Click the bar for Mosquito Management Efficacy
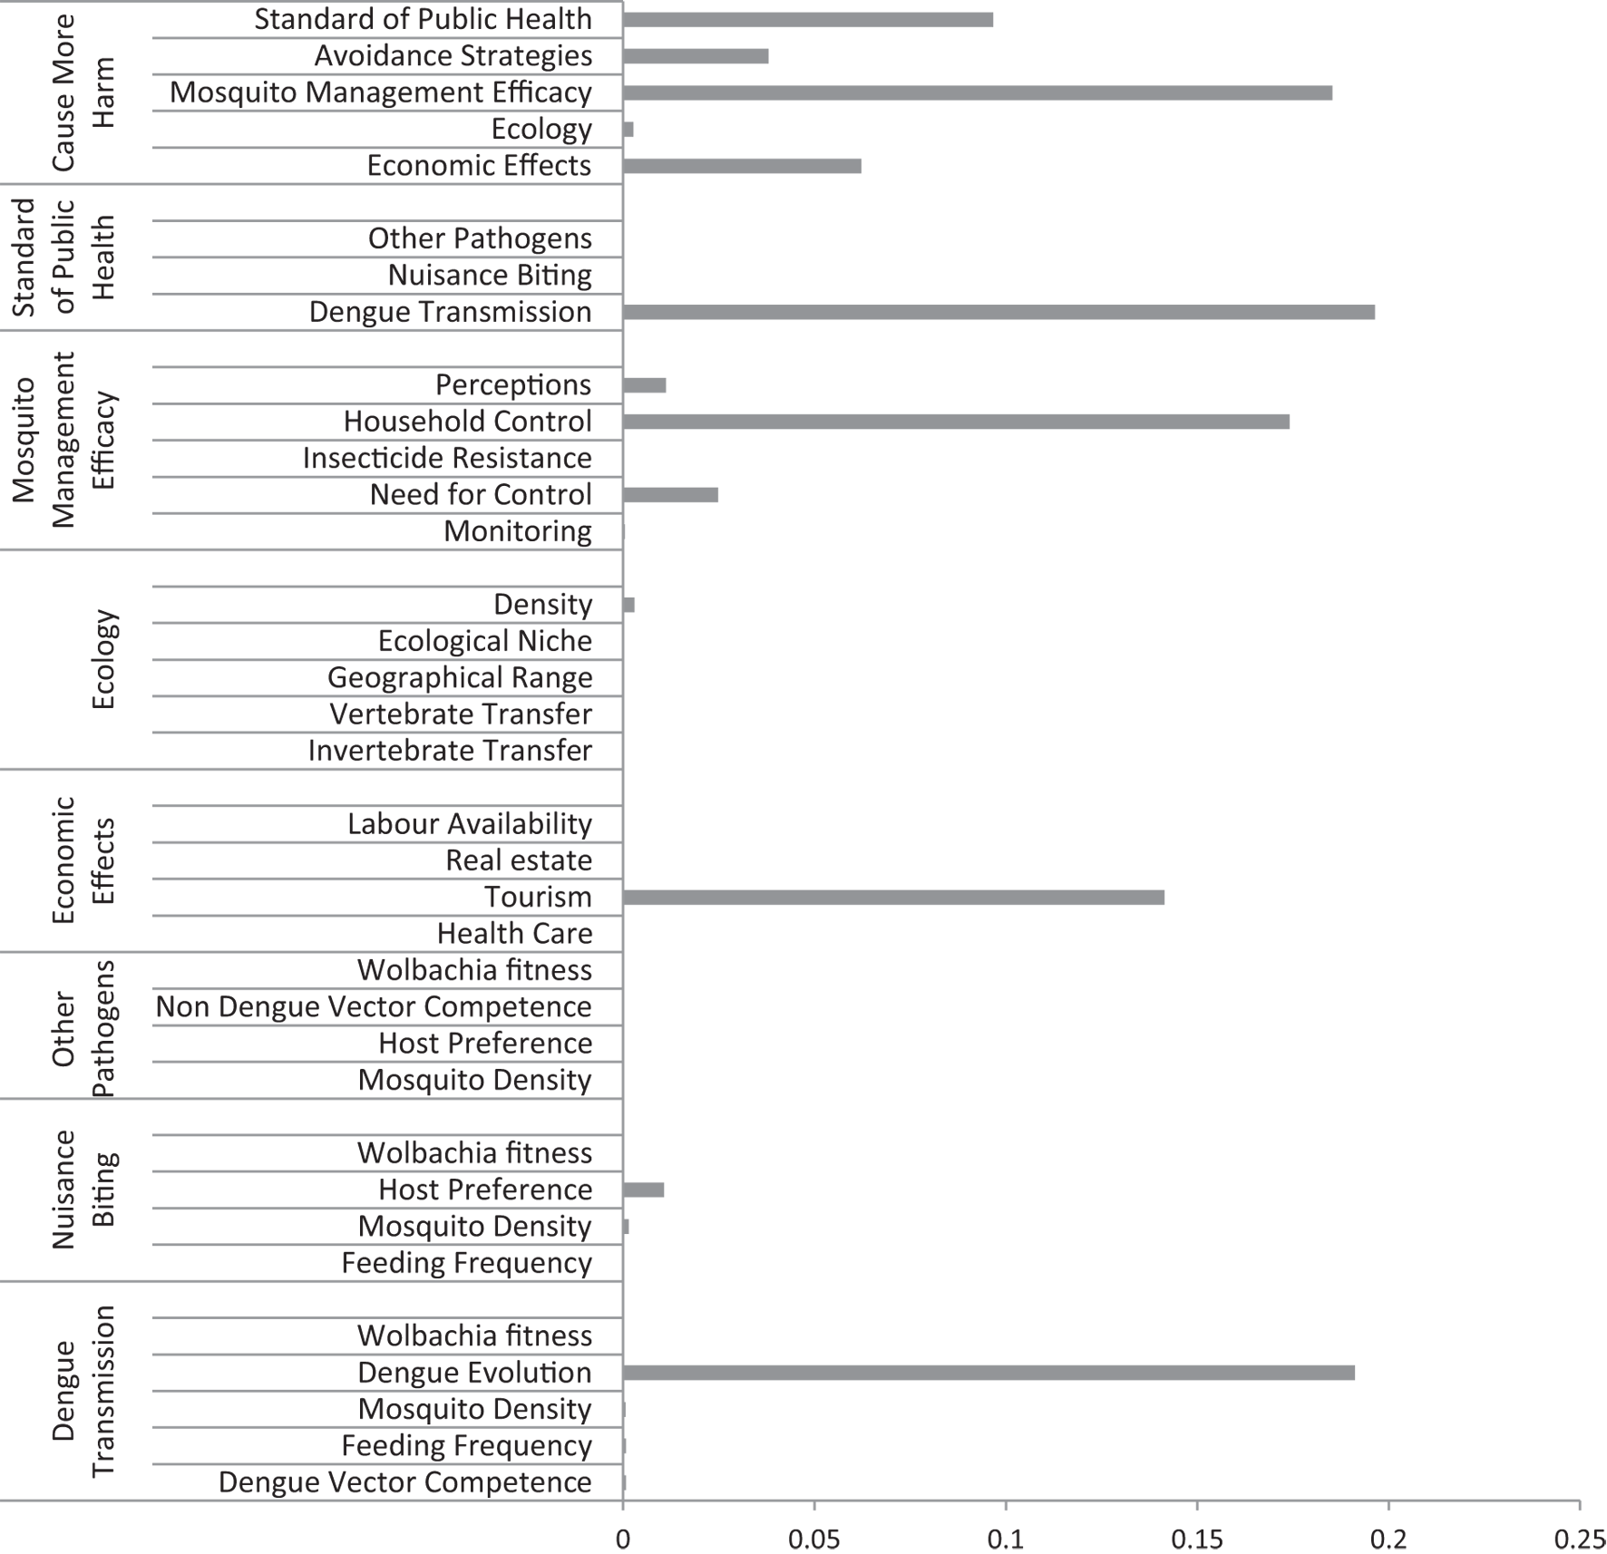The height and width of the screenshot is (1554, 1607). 977,92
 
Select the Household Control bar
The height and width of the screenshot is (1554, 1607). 956,422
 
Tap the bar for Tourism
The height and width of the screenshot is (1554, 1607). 893,897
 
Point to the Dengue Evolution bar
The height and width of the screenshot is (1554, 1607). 989,1373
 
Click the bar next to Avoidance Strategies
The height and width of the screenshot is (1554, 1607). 696,56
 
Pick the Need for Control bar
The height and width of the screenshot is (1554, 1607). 670,494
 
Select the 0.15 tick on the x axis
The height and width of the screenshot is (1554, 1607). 1197,1539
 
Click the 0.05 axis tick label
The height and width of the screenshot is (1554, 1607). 813,1539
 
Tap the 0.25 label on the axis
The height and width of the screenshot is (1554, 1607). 1580,1539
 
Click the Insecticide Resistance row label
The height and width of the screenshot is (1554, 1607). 447,458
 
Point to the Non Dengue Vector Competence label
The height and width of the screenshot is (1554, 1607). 374,1006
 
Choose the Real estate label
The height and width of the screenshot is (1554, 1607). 519,860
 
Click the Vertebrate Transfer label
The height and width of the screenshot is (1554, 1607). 461,714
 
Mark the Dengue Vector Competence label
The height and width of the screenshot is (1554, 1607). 404,1481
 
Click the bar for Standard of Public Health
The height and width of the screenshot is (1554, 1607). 807,20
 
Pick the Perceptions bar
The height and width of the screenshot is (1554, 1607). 644,384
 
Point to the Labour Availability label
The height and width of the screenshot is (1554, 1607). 470,823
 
